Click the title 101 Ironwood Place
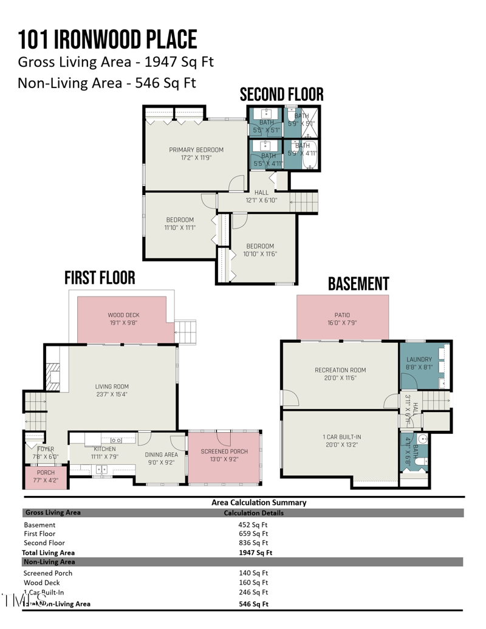[x=108, y=39]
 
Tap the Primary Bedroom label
[x=196, y=150]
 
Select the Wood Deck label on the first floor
[x=124, y=315]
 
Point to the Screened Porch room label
[x=224, y=452]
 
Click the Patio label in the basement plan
[x=342, y=315]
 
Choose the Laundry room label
[x=419, y=360]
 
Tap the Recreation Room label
[x=340, y=369]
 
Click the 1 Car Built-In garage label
[x=342, y=437]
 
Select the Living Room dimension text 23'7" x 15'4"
[x=112, y=394]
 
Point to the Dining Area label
[x=162, y=454]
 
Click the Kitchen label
[x=104, y=449]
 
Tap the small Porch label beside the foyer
[x=46, y=472]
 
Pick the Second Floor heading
[x=281, y=95]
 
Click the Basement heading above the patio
[x=358, y=284]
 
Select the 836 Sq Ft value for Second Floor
[x=253, y=543]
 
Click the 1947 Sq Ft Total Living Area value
[x=255, y=553]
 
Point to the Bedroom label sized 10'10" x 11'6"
[x=260, y=246]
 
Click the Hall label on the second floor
[x=261, y=192]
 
